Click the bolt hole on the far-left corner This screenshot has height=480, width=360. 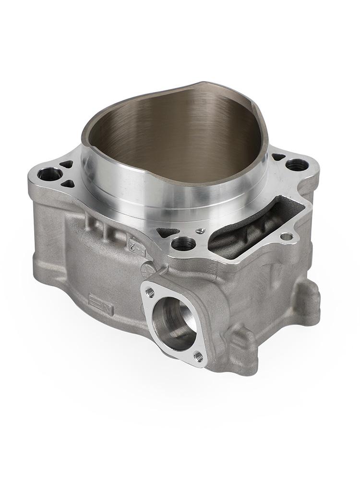click(x=50, y=174)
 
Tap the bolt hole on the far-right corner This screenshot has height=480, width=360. click(x=297, y=165)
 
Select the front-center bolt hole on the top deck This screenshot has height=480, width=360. click(x=183, y=244)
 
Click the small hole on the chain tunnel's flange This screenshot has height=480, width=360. click(x=287, y=236)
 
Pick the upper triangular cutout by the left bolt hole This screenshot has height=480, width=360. click(x=67, y=164)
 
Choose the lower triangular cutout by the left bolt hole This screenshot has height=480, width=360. click(x=68, y=183)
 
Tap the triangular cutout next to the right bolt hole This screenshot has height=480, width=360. click(x=278, y=157)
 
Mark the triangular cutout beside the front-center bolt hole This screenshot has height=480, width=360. click(x=168, y=233)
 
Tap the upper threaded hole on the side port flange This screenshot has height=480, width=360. click(x=150, y=291)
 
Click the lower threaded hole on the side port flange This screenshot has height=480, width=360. click(x=198, y=356)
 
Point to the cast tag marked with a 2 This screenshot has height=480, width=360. click(x=136, y=245)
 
